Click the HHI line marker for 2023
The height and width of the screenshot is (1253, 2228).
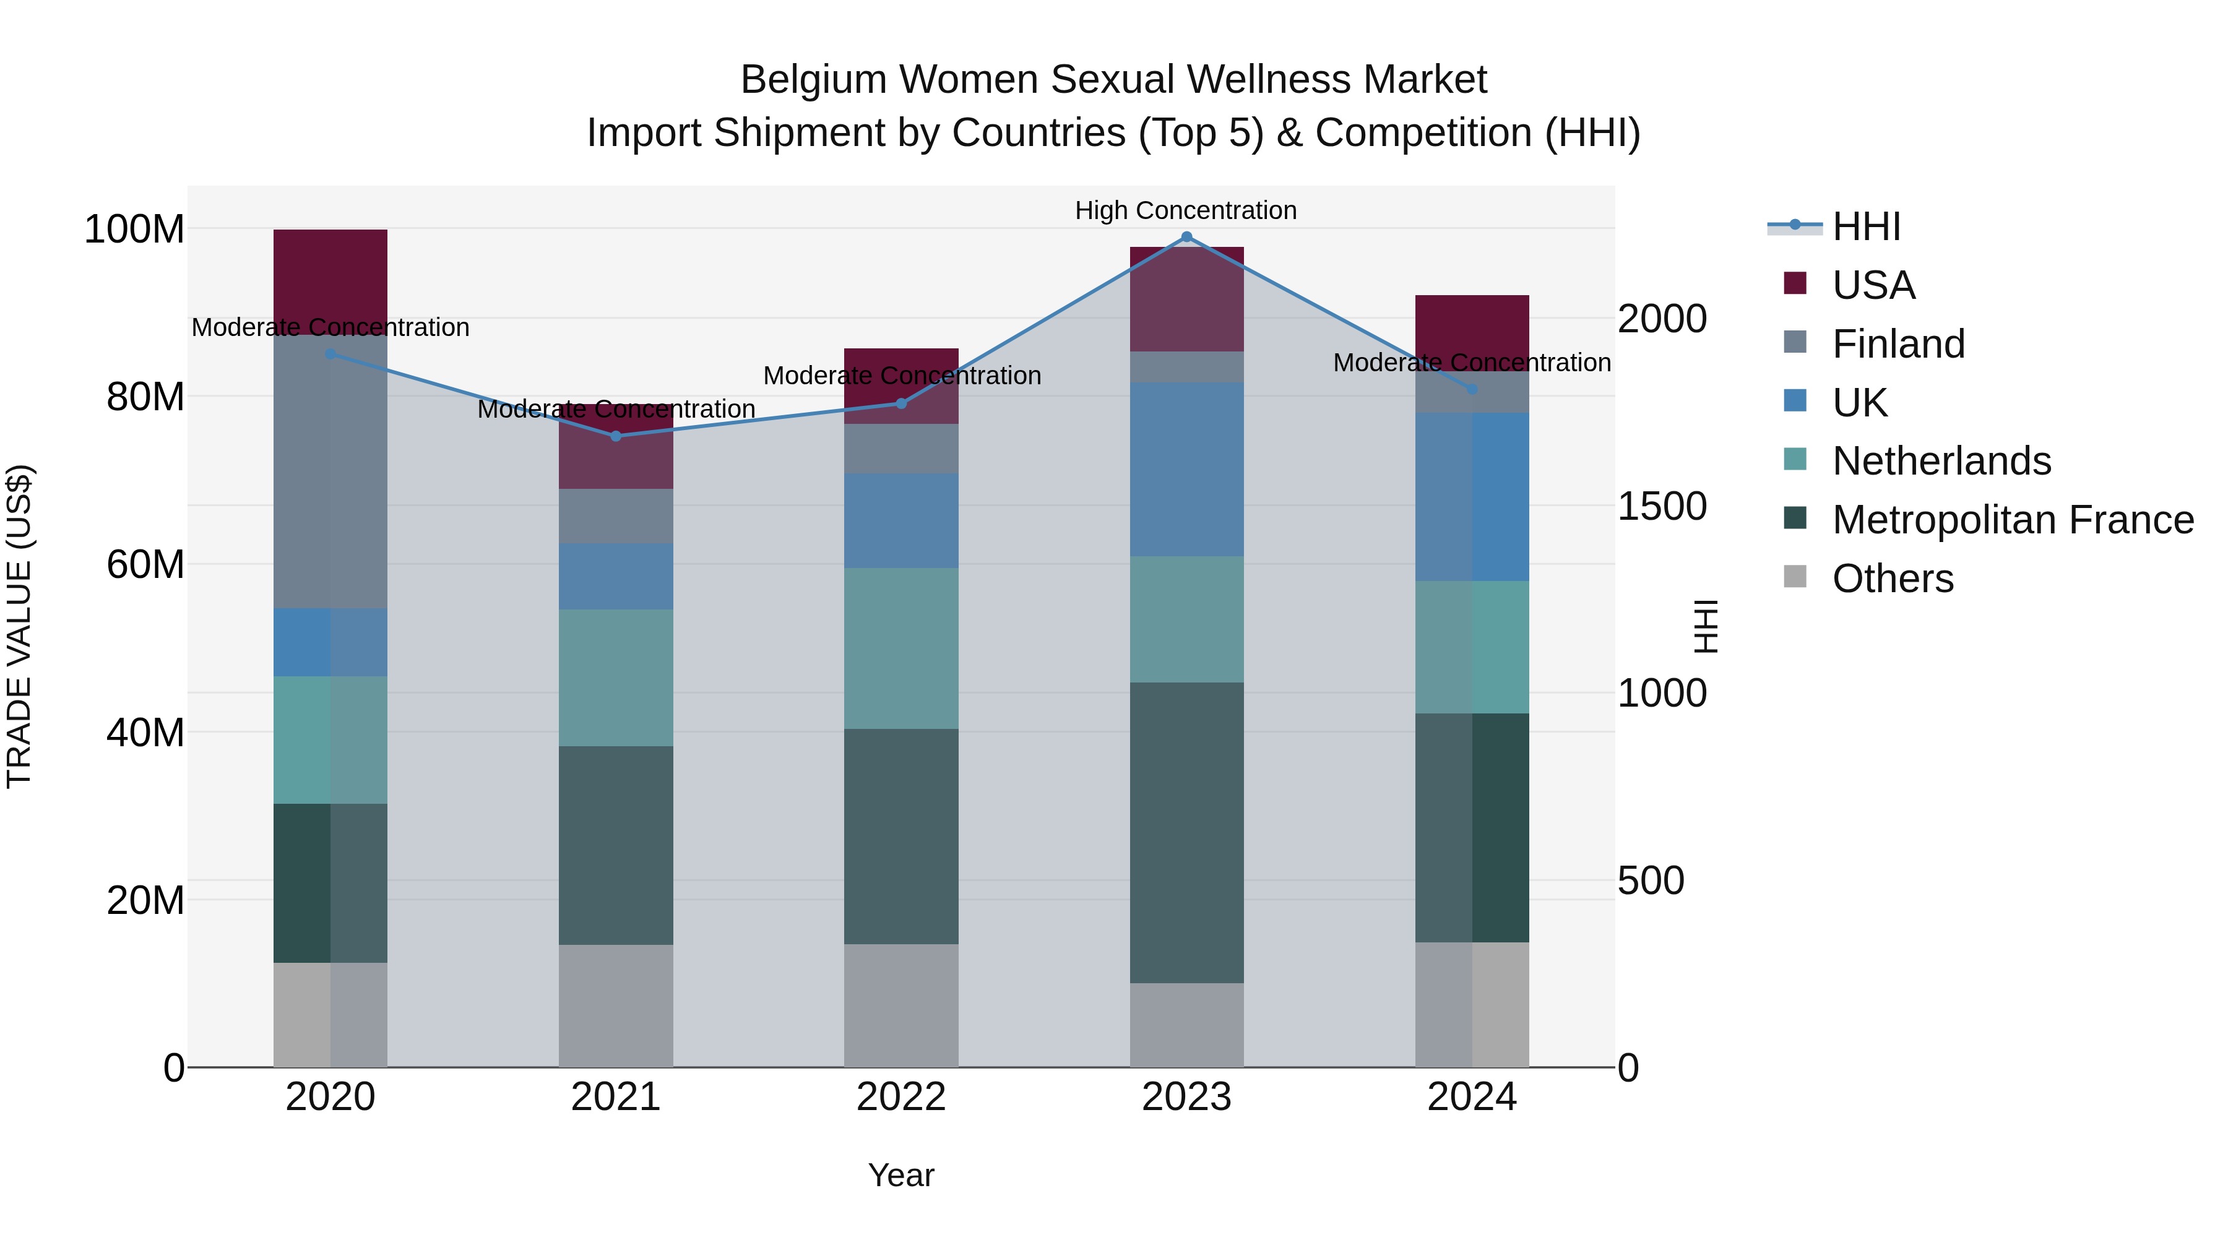pyautogui.click(x=1186, y=237)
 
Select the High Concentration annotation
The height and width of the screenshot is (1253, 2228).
pyautogui.click(x=1186, y=210)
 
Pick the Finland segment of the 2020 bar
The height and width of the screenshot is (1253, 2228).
pyautogui.click(x=330, y=471)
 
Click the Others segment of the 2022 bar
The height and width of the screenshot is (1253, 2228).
pyautogui.click(x=901, y=1005)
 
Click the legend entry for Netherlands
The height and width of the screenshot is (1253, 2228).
pyautogui.click(x=1941, y=461)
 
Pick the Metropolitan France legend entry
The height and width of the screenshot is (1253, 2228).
pyautogui.click(x=2012, y=520)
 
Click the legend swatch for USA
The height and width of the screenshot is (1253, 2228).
pyautogui.click(x=1795, y=283)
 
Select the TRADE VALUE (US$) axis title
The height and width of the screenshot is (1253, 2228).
pyautogui.click(x=19, y=626)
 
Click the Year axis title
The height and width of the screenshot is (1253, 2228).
pyautogui.click(x=901, y=1175)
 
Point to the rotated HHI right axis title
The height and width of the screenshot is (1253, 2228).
pyautogui.click(x=1705, y=626)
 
